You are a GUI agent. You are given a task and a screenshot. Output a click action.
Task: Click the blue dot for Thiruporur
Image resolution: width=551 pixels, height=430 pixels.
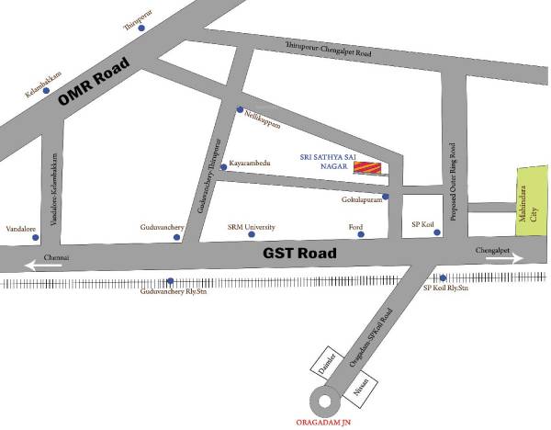click(141, 28)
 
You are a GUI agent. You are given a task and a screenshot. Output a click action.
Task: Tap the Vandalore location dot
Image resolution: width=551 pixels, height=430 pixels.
click(34, 237)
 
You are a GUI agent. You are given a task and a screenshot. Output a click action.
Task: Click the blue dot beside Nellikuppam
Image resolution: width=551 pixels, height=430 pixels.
click(240, 110)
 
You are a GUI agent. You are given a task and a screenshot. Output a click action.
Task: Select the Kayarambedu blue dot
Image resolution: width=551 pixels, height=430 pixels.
click(223, 167)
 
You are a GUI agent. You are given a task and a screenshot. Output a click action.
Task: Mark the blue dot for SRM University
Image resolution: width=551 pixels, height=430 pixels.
click(251, 235)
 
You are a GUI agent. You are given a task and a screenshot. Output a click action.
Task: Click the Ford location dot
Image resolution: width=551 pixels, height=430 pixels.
click(360, 235)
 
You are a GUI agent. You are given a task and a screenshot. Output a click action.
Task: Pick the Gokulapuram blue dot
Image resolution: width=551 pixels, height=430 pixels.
click(386, 197)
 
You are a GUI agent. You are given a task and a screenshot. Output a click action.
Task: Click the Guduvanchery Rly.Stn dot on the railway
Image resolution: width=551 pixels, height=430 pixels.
click(170, 281)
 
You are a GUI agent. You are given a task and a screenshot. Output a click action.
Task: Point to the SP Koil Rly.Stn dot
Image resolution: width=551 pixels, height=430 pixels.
click(443, 278)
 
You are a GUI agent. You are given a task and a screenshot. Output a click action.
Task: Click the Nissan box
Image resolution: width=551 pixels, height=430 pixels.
click(359, 384)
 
